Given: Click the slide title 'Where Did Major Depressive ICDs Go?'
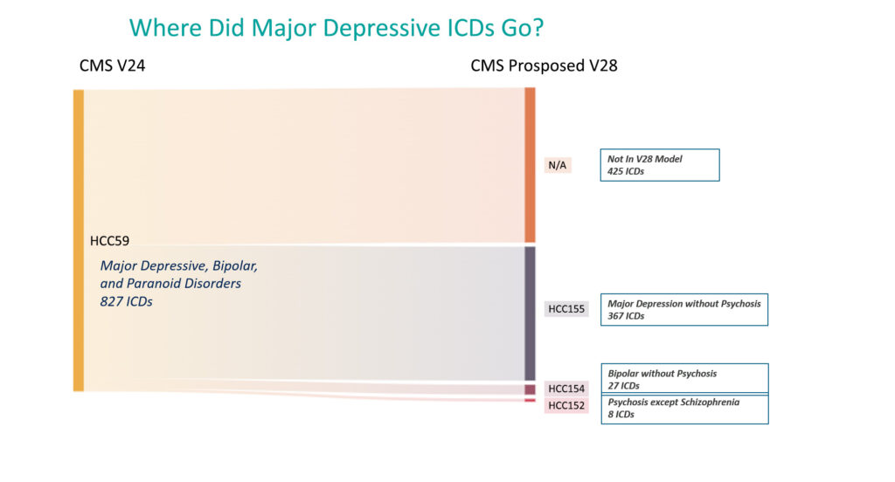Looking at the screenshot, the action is pyautogui.click(x=336, y=28).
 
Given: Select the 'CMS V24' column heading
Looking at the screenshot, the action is pyautogui.click(x=112, y=65).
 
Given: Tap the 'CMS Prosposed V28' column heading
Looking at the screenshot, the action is pyautogui.click(x=544, y=66).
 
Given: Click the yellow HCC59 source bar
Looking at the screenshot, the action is pyautogui.click(x=79, y=240).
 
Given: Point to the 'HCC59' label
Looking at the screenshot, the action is pyautogui.click(x=109, y=241).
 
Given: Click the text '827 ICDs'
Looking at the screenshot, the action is pyautogui.click(x=126, y=301).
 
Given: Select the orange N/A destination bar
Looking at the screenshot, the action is pyautogui.click(x=530, y=165).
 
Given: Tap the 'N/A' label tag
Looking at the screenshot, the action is pyautogui.click(x=558, y=165).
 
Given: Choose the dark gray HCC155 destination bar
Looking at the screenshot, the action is pyautogui.click(x=530, y=313).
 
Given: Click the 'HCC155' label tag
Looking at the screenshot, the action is pyautogui.click(x=566, y=309).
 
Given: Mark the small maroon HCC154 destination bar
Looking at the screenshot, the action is pyautogui.click(x=530, y=389).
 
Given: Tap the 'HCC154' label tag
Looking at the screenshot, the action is pyautogui.click(x=566, y=389).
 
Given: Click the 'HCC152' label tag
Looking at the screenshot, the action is pyautogui.click(x=566, y=405).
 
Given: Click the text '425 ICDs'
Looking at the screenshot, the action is pyautogui.click(x=626, y=171).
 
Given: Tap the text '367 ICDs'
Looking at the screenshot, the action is pyautogui.click(x=626, y=316).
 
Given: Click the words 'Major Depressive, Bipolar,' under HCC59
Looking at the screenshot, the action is pyautogui.click(x=178, y=265).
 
